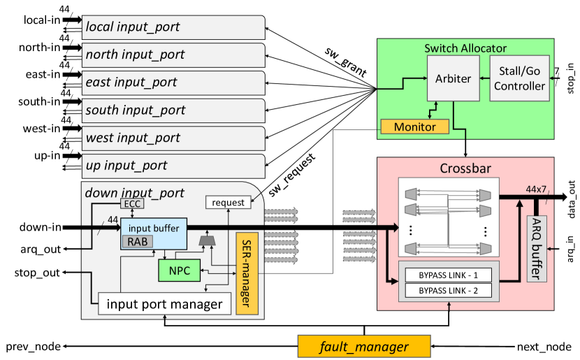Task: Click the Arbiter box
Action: [453, 78]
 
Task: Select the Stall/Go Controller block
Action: [519, 78]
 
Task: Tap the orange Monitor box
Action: [414, 127]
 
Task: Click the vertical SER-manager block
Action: [247, 273]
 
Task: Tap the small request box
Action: [228, 203]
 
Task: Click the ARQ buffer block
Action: [536, 248]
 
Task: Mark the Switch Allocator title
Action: [465, 48]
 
